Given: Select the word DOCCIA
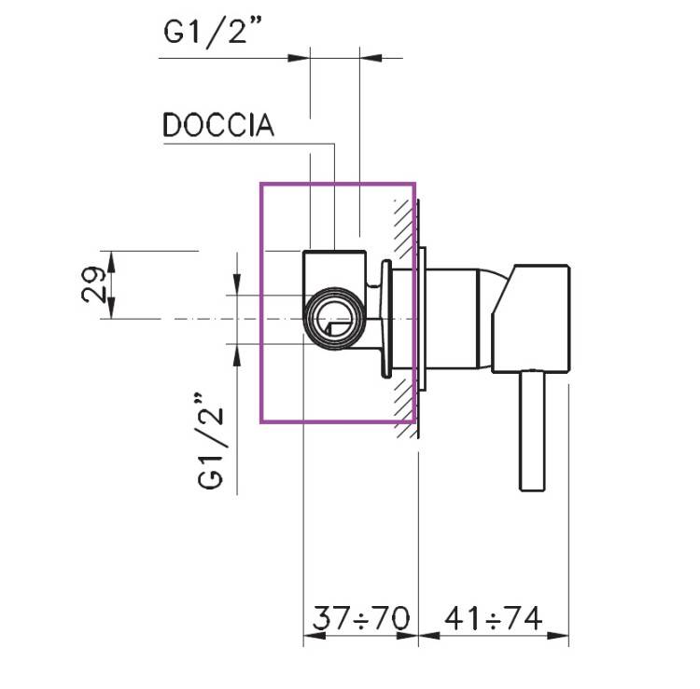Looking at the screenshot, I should coord(218,126).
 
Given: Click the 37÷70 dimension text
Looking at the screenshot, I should coord(360,618).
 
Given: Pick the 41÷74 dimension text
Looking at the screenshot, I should coord(494,618).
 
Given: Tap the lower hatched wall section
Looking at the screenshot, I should coord(404,401).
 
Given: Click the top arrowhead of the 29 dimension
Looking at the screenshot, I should coord(113,257).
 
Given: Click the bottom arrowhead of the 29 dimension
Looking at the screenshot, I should coord(113,311).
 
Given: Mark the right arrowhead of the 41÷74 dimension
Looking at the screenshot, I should coord(563,638).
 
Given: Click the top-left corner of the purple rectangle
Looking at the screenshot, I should coord(261,183).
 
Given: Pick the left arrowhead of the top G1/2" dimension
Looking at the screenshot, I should coord(302,59).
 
